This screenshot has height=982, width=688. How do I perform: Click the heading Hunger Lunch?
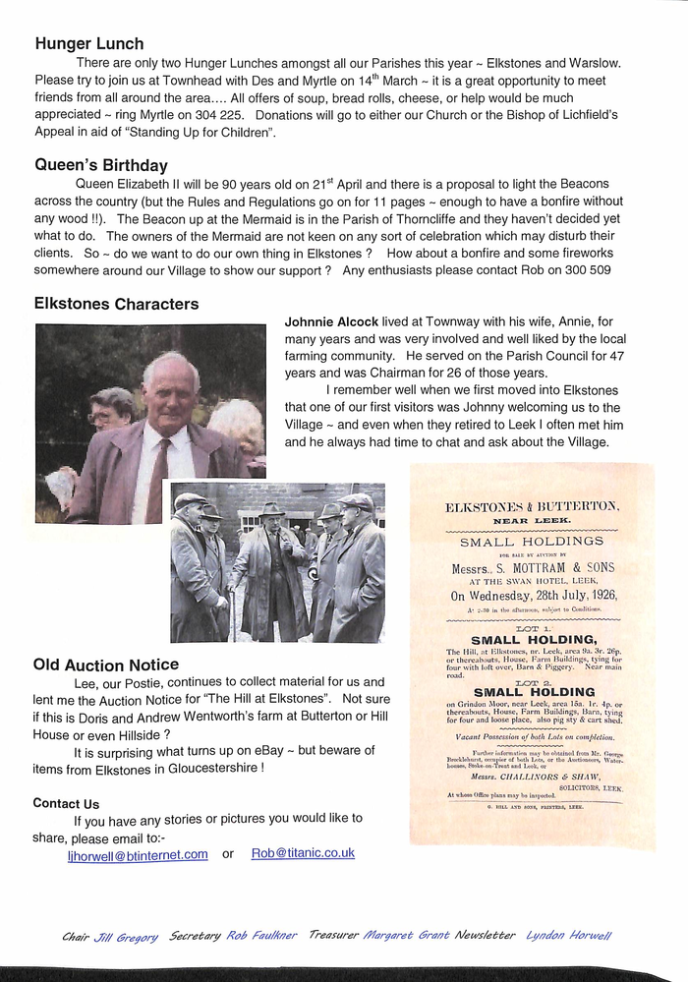click(89, 43)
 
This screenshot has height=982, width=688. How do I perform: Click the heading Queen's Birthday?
click(101, 165)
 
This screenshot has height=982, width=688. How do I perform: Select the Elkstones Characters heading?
click(116, 304)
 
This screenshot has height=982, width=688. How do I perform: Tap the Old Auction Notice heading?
click(106, 664)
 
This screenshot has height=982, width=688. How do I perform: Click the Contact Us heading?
click(66, 803)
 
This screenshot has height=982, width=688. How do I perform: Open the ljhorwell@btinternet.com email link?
click(138, 855)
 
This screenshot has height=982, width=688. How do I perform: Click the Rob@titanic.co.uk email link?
click(303, 853)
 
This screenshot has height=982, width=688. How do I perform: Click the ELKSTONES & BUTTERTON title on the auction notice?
click(532, 506)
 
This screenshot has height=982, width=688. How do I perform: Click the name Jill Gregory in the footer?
click(126, 937)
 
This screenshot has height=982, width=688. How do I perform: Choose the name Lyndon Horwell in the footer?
click(568, 937)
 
